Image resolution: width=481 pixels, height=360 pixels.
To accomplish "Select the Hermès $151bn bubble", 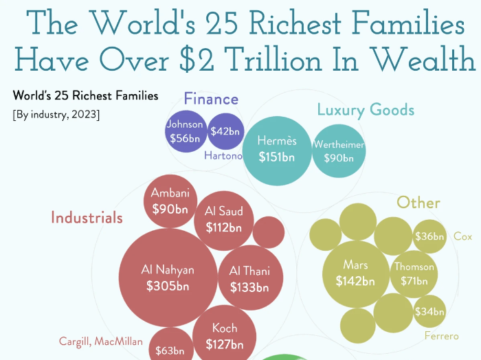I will pyautogui.click(x=277, y=149).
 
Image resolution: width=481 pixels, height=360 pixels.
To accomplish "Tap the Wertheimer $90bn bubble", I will pyautogui.click(x=338, y=151).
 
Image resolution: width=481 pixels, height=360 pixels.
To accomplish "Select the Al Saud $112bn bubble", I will pyautogui.click(x=224, y=219).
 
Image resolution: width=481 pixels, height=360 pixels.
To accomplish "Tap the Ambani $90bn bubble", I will pyautogui.click(x=170, y=201).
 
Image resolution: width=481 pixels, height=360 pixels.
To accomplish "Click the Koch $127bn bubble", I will pyautogui.click(x=225, y=337).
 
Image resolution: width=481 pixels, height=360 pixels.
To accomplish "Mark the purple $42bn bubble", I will pyautogui.click(x=225, y=131).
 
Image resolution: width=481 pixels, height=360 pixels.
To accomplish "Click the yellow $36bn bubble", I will pyautogui.click(x=429, y=237).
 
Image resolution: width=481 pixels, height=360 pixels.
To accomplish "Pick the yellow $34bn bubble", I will pyautogui.click(x=429, y=312).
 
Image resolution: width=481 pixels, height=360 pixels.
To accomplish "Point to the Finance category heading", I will pyautogui.click(x=211, y=99).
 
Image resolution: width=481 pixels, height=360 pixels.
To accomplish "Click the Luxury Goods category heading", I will pyautogui.click(x=366, y=109).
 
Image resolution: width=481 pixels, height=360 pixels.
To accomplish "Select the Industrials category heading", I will pyautogui.click(x=87, y=218).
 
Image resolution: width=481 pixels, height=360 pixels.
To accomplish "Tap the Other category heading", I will pyautogui.click(x=418, y=203).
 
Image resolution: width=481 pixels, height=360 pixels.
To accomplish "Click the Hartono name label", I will pyautogui.click(x=223, y=156).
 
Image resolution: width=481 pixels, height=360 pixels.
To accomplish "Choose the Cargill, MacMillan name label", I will pyautogui.click(x=100, y=341).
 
